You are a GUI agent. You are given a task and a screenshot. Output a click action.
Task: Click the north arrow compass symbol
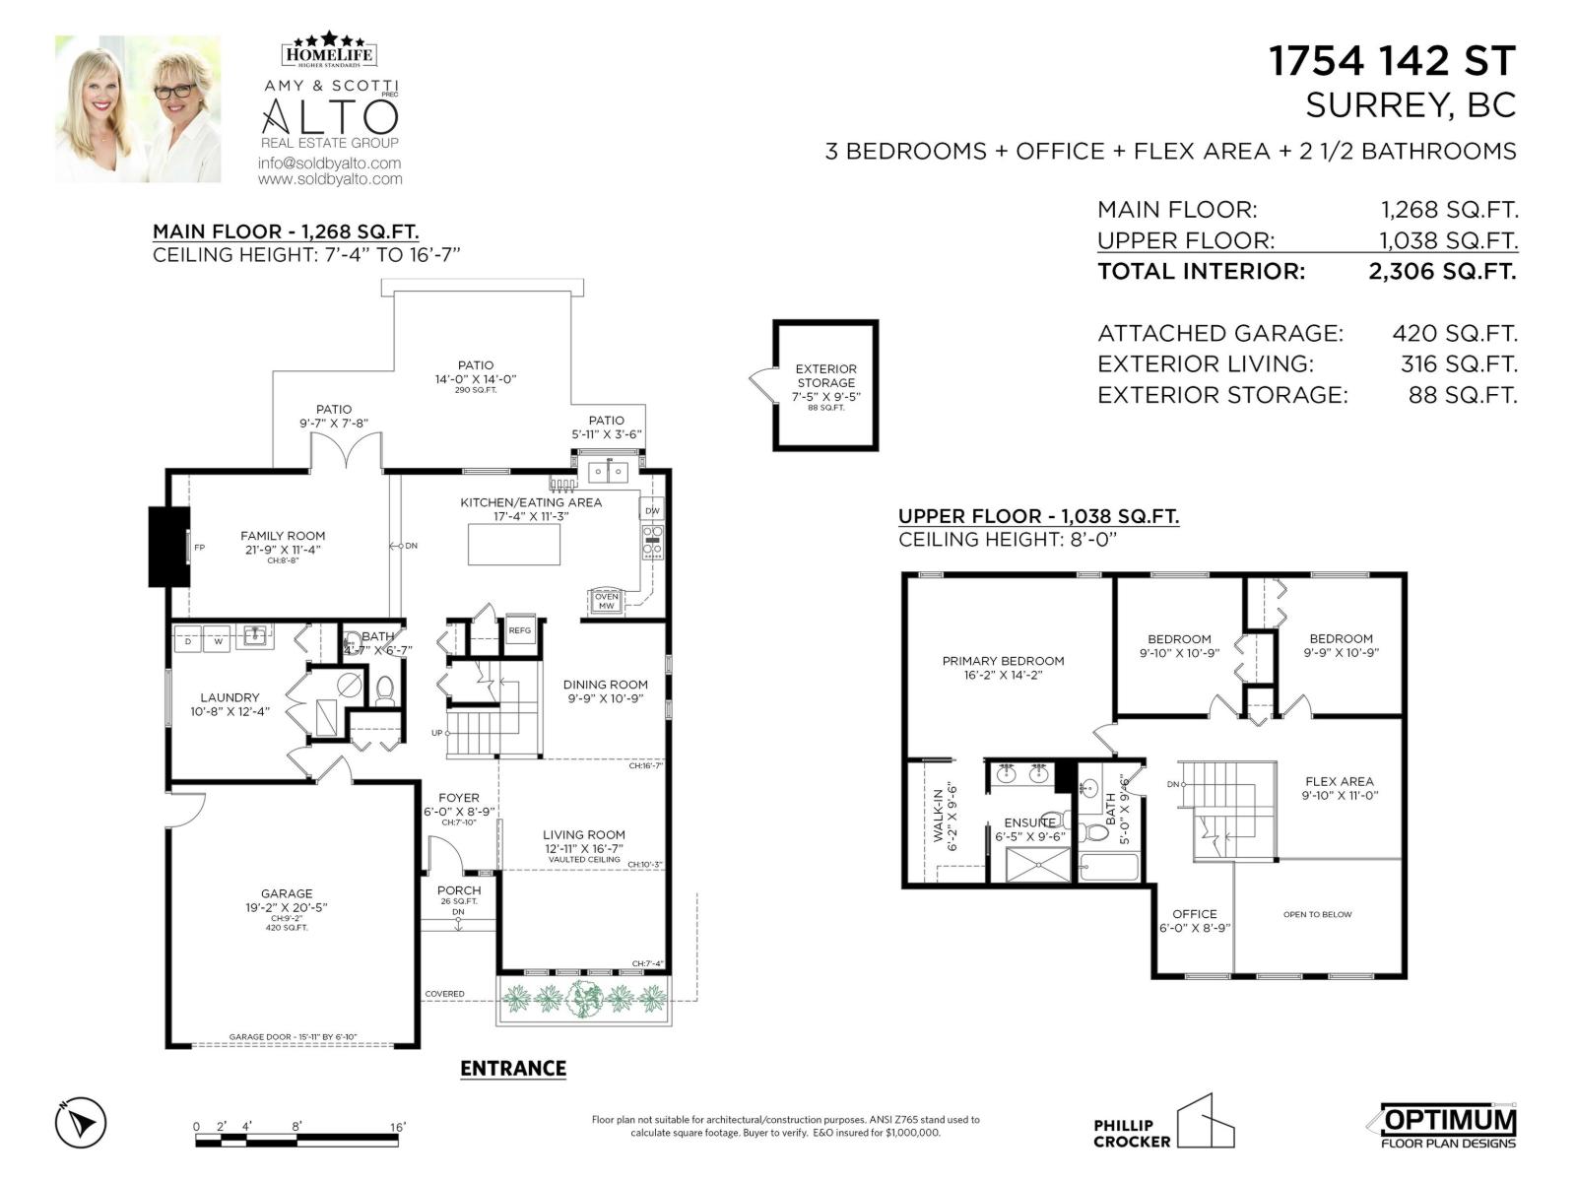pos(81,1122)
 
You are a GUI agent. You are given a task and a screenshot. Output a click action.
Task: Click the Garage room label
pos(287,893)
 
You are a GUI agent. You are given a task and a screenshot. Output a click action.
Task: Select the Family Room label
pos(283,536)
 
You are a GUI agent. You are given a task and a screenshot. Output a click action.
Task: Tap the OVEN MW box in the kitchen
pos(606,601)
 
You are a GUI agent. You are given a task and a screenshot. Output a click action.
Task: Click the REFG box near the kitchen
pos(519,630)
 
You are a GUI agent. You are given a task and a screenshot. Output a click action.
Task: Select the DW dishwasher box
pos(652,510)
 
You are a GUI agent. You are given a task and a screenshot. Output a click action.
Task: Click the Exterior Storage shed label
pos(825,376)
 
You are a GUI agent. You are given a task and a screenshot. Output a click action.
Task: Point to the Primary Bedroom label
pos(1003,661)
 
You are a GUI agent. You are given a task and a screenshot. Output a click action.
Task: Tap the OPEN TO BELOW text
pos(1317,914)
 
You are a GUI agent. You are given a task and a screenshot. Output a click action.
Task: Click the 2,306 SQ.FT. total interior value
pos(1442,271)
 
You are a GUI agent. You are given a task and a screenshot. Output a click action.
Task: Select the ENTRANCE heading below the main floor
pos(513,1069)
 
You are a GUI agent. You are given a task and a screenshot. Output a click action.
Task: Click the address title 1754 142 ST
pos(1391,61)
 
